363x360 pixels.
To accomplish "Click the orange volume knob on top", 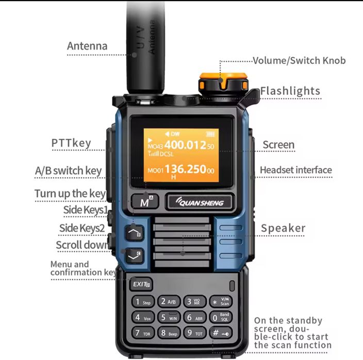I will pos(222,83).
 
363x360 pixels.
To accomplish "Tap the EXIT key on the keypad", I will pos(140,284).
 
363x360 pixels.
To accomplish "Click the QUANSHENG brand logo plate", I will pos(199,202).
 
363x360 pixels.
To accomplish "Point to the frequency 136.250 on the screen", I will pos(185,169).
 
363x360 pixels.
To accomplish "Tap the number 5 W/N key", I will pos(168,317).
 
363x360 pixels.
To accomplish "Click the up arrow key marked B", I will pos(135,233).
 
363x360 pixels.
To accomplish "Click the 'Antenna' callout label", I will pos(87,46).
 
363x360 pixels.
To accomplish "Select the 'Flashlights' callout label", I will pos(290,92).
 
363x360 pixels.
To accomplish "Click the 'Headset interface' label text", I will pos(295,170).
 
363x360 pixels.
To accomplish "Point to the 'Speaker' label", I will pos(283,228).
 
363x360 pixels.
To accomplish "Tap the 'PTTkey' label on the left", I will pos(71,143).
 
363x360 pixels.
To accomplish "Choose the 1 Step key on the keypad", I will pos(143,302).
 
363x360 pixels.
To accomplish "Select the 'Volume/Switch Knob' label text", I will pos(299,61).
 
